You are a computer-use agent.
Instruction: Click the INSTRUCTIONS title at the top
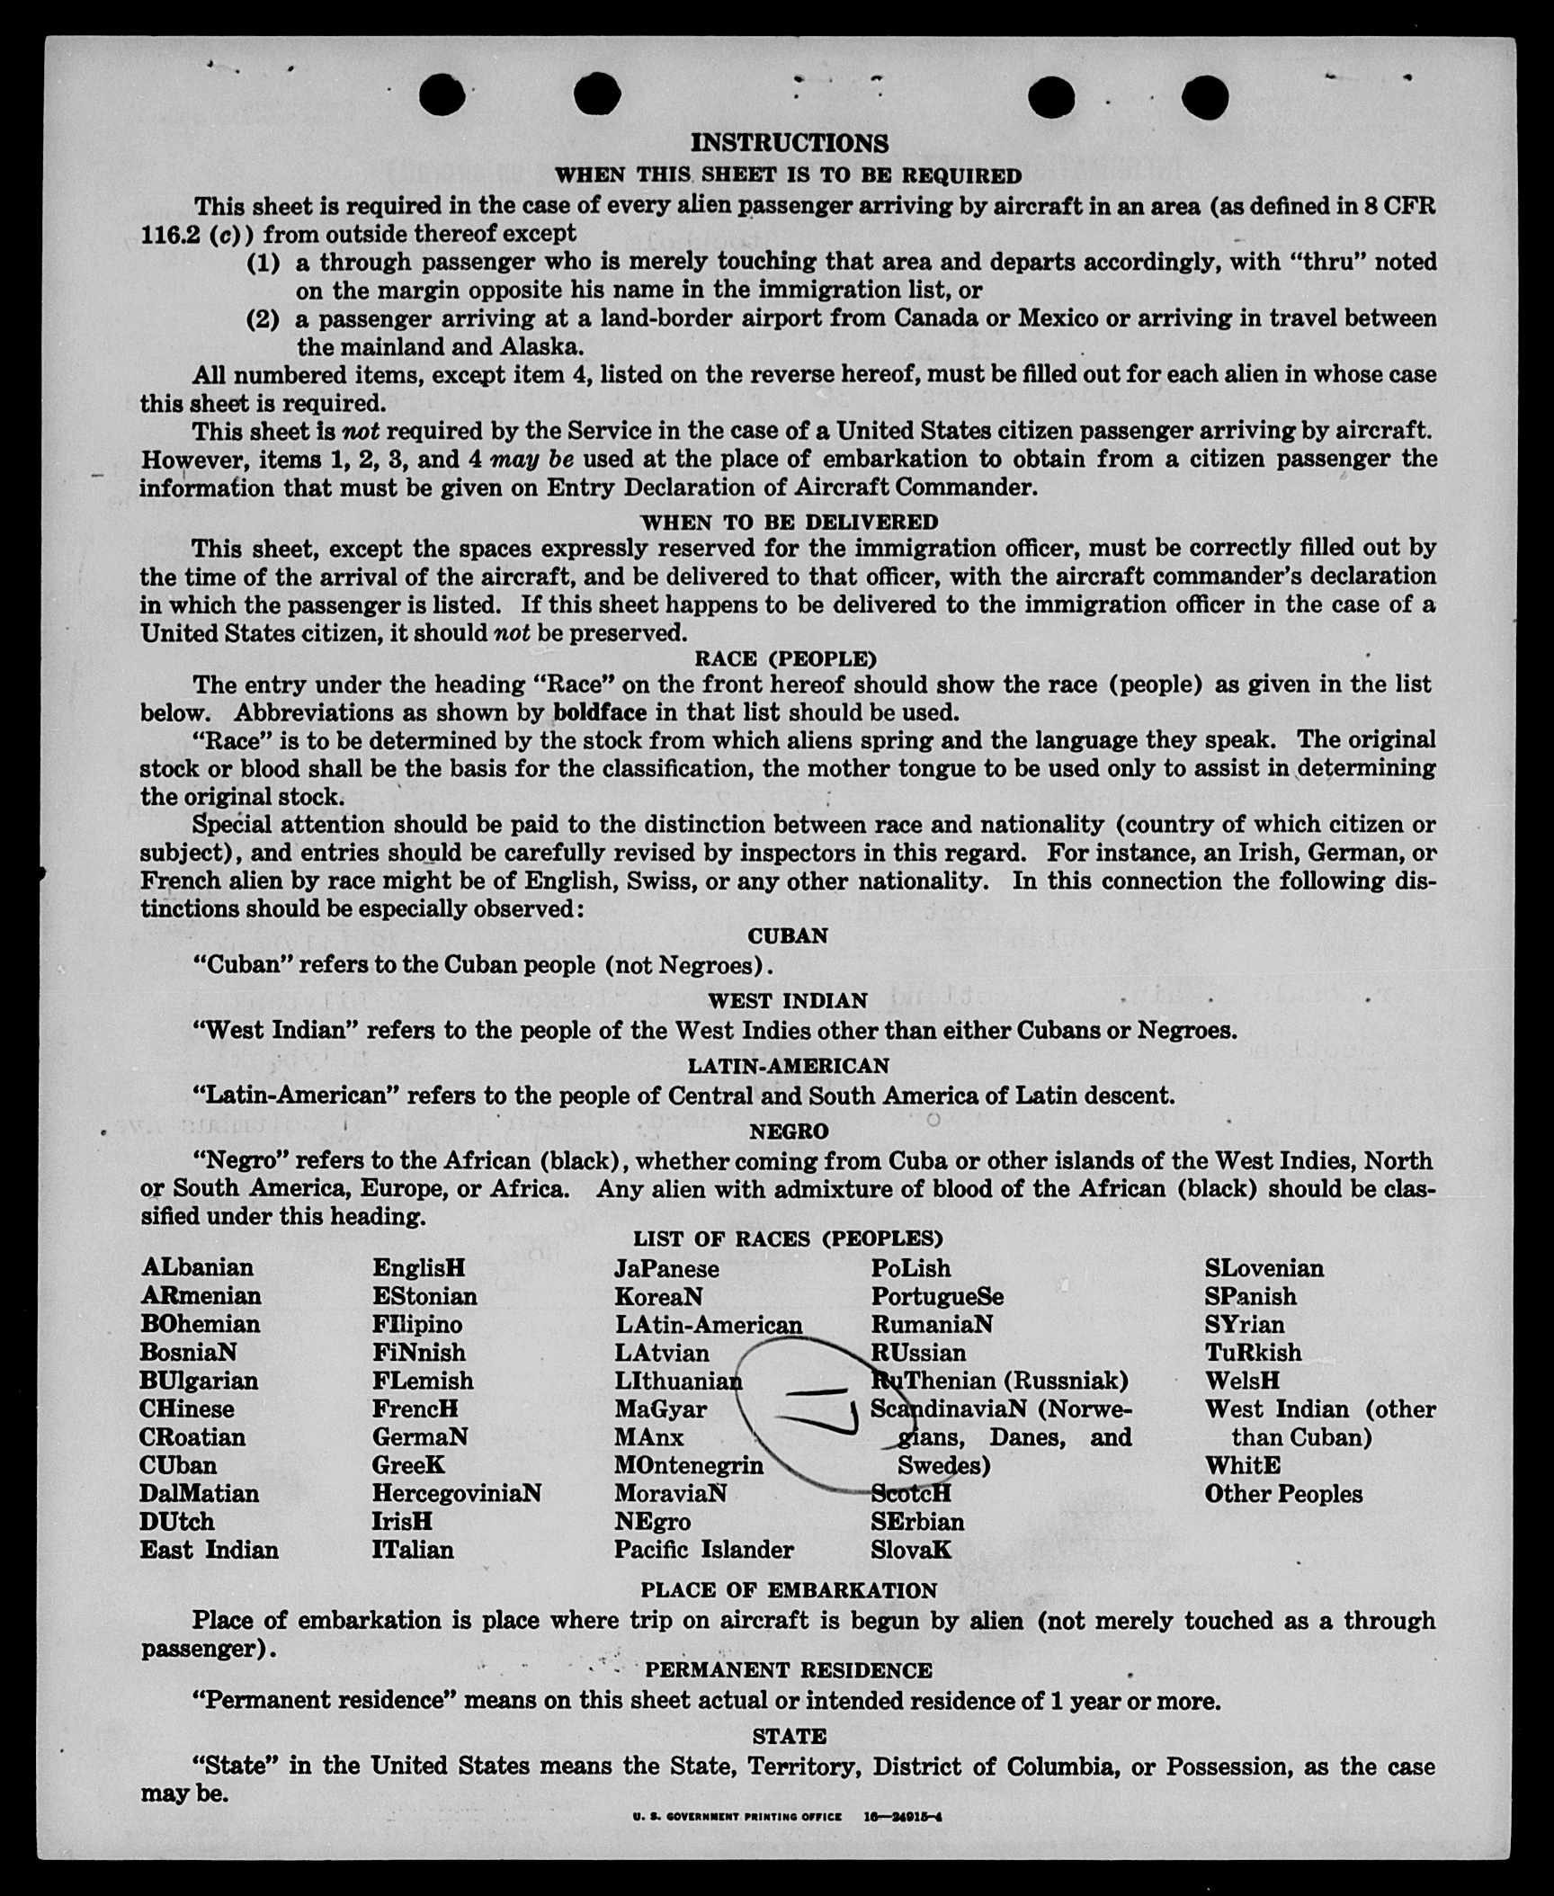point(789,144)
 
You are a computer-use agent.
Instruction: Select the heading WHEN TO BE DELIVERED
point(789,522)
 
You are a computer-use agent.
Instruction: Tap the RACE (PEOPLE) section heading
point(785,659)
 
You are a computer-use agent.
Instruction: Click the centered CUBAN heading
point(788,936)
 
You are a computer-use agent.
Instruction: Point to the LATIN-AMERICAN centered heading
point(788,1066)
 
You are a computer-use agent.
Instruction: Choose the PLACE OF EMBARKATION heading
point(788,1590)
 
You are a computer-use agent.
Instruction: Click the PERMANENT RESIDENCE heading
point(788,1670)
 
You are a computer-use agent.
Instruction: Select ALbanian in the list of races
point(197,1267)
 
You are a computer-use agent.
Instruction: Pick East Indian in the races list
point(209,1550)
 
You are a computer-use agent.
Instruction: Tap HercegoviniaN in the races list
point(456,1493)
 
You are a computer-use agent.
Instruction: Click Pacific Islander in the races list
point(703,1550)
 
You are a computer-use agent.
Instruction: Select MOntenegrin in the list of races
point(688,1465)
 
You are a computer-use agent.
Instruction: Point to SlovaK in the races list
point(910,1550)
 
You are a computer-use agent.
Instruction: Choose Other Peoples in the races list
point(1283,1494)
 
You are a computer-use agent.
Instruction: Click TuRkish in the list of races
point(1253,1353)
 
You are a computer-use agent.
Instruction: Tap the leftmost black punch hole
point(442,94)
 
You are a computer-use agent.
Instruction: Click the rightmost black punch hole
point(1205,96)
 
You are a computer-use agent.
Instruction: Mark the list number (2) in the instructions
point(263,319)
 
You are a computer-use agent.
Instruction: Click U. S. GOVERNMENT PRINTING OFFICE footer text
point(737,1816)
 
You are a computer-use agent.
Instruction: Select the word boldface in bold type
point(599,713)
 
